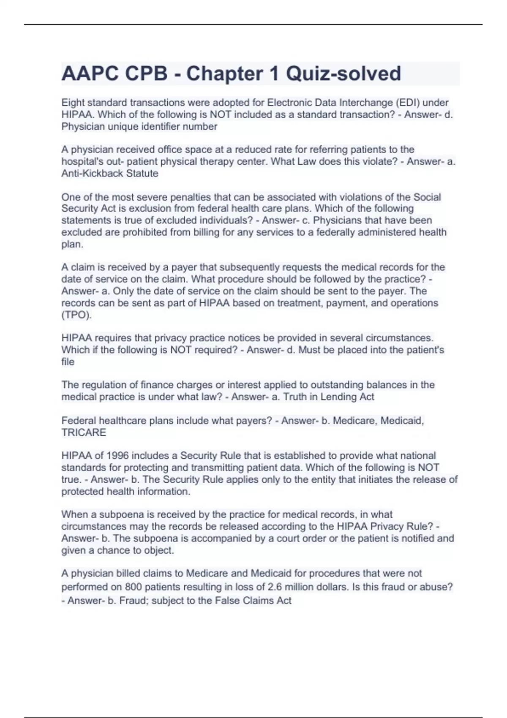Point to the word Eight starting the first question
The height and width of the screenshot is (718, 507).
tap(72, 103)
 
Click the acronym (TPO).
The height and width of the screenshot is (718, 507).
tap(76, 315)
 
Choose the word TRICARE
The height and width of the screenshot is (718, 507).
tap(84, 432)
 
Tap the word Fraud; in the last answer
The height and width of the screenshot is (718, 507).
tap(134, 601)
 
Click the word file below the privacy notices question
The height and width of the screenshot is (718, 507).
tap(68, 362)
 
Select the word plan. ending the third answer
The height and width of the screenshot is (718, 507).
tap(72, 245)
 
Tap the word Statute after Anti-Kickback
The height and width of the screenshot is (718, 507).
tap(142, 174)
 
